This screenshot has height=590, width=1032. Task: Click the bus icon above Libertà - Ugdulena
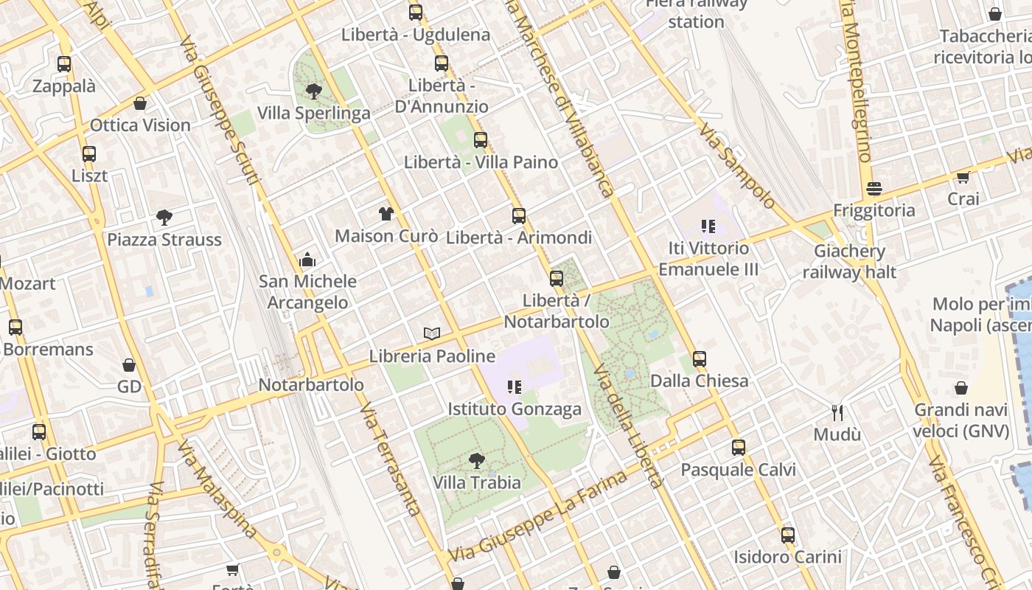(416, 13)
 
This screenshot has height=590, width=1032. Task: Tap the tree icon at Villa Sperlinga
(313, 91)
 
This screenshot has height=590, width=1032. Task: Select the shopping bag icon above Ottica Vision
(140, 103)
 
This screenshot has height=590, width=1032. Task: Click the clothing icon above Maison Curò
(386, 214)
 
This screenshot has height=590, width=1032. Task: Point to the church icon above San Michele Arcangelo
(307, 260)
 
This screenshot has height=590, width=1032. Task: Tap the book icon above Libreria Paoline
(432, 333)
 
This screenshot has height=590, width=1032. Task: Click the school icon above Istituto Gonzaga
(515, 386)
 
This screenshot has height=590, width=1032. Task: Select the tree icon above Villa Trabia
(476, 461)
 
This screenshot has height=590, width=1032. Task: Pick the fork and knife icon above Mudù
(837, 413)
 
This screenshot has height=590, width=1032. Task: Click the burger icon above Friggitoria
(874, 189)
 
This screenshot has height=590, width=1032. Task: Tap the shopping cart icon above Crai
(963, 177)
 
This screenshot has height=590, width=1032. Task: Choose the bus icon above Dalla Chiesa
(700, 359)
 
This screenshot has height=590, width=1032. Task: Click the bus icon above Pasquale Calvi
(738, 448)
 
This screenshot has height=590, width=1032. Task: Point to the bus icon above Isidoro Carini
(787, 535)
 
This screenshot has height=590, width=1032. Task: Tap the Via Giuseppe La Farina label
(538, 515)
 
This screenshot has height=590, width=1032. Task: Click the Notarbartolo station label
(311, 385)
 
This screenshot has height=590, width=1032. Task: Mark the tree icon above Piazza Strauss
(164, 218)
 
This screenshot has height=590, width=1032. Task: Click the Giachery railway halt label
(849, 262)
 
